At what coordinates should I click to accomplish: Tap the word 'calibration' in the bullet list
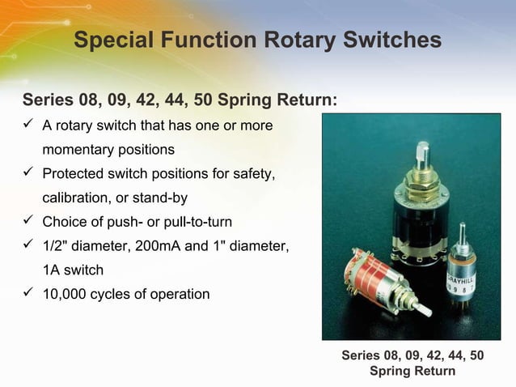coord(77,198)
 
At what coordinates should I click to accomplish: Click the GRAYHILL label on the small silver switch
coord(464,276)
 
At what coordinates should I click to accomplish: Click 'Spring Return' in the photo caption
coord(412,372)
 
